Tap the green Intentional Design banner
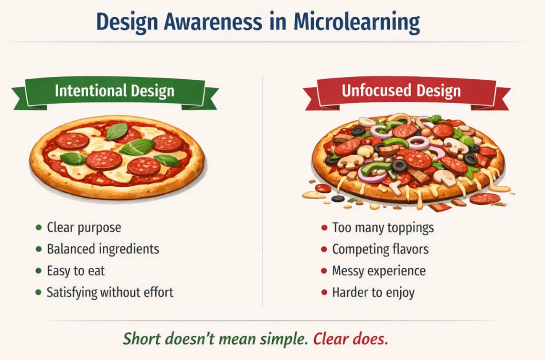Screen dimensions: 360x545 coord(115,90)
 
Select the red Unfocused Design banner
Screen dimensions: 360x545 coord(401,90)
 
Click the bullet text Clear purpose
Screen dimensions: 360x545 coord(84,227)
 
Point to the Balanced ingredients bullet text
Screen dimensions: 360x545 coord(103,249)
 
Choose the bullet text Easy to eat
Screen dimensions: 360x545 coord(75,271)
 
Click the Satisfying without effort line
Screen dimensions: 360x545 coord(110,292)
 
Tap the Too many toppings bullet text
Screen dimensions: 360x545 coord(383,227)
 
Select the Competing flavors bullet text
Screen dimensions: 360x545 coord(380,249)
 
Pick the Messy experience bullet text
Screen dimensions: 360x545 coord(379,271)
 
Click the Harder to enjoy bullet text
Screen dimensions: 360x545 coord(374,292)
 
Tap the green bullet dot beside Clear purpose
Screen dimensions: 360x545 coord(38,228)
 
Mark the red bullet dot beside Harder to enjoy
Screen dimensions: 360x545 coord(324,292)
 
